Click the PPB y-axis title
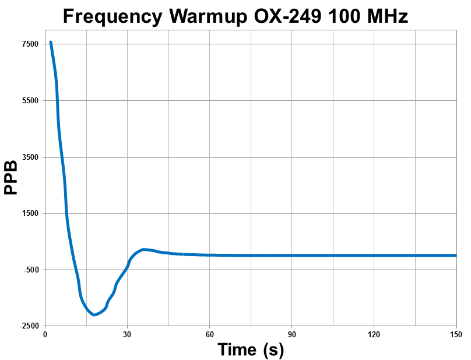pyautogui.click(x=10, y=177)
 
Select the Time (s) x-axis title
pyautogui.click(x=251, y=349)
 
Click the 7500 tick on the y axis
pyautogui.click(x=30, y=44)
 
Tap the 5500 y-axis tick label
pyautogui.click(x=30, y=101)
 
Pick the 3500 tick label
pyautogui.click(x=30, y=158)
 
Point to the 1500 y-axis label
pyautogui.click(x=30, y=214)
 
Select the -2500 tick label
pyautogui.click(x=29, y=326)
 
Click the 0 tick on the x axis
pyautogui.click(x=45, y=334)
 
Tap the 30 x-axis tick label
pyautogui.click(x=127, y=334)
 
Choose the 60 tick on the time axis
pyautogui.click(x=209, y=334)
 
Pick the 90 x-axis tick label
pyautogui.click(x=291, y=334)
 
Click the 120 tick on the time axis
pyautogui.click(x=374, y=334)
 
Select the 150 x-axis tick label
pyautogui.click(x=456, y=334)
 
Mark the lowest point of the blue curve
pyautogui.click(x=94, y=315)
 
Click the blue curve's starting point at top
pyautogui.click(x=51, y=42)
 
